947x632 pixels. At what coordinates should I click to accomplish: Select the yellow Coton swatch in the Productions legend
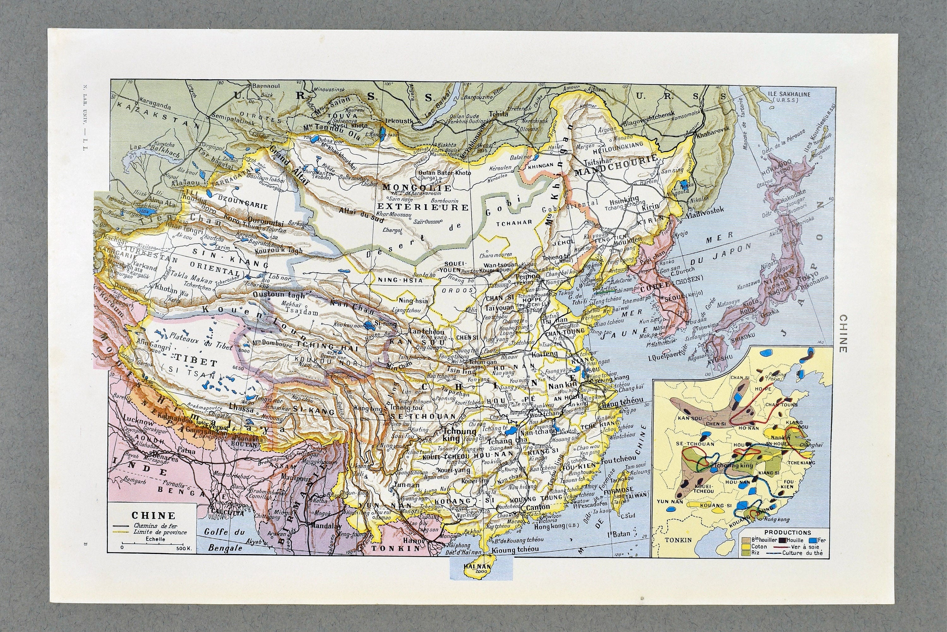[x=744, y=546]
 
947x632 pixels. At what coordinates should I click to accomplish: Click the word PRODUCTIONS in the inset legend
[x=782, y=533]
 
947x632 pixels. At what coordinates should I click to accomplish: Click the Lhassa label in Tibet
[x=241, y=409]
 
